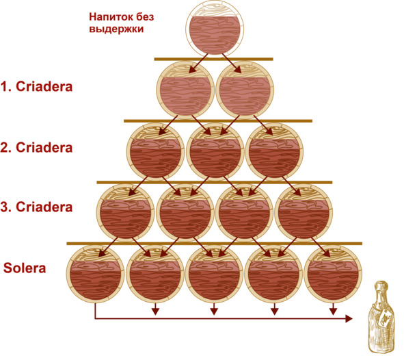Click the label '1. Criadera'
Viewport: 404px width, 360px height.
click(36, 87)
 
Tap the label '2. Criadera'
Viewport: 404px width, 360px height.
click(36, 148)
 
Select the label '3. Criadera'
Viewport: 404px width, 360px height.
click(36, 207)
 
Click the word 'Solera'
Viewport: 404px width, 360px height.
click(25, 268)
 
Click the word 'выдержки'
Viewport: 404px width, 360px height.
click(116, 29)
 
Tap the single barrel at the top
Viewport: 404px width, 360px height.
click(215, 29)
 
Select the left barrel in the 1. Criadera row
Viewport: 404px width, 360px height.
click(185, 90)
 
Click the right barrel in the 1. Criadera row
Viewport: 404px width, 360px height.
click(245, 90)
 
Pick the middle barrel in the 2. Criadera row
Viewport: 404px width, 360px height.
click(215, 152)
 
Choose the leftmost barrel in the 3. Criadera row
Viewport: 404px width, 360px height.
click(126, 213)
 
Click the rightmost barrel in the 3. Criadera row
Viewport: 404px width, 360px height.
click(304, 213)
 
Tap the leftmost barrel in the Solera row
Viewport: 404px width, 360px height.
click(95, 274)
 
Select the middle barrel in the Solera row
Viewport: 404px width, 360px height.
click(215, 274)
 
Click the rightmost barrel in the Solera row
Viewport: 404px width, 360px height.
click(333, 274)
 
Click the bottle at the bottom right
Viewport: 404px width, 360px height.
click(382, 317)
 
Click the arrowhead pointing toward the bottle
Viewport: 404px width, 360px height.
click(349, 319)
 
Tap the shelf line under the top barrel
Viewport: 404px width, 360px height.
click(213, 59)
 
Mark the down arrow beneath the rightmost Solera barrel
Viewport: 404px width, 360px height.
click(334, 309)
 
